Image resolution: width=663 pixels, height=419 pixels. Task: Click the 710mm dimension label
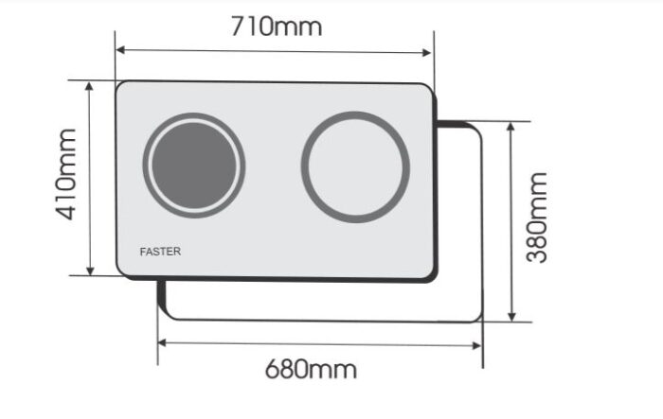277,26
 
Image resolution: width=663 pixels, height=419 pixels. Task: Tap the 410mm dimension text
67,174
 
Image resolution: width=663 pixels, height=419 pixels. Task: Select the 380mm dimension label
537,218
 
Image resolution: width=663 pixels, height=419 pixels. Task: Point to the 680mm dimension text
311,369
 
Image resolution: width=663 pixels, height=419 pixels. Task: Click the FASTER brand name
160,252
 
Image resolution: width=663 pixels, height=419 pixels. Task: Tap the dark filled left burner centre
194,166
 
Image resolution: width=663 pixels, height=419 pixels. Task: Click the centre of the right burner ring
355,167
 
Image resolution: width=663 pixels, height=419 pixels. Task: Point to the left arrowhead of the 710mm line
119,50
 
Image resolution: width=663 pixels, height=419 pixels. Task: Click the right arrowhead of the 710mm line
426,52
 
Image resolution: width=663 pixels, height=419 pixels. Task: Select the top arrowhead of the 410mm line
89,86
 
